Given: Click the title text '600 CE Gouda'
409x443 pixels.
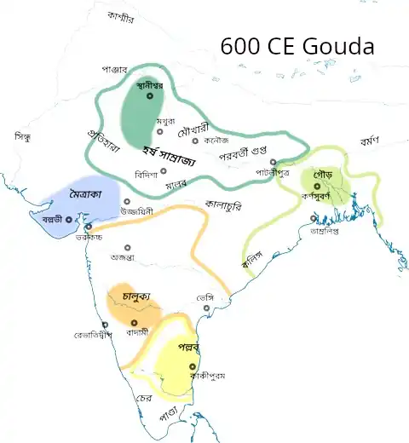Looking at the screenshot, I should (x=297, y=47).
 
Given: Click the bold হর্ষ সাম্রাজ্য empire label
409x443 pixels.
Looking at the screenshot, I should (x=170, y=158).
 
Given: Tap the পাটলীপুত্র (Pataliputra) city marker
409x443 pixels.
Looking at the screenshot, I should (x=273, y=162).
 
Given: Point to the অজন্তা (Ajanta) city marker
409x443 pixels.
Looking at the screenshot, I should (x=127, y=248).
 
